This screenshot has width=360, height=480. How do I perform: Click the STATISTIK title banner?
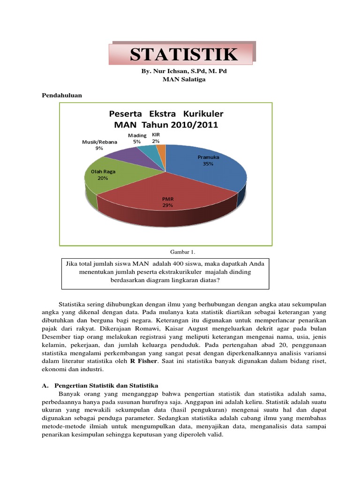pyautogui.click(x=184, y=54)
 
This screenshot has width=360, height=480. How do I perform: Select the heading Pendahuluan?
pyautogui.click(x=62, y=95)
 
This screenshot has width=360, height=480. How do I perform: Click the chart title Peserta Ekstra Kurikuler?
pyautogui.click(x=166, y=114)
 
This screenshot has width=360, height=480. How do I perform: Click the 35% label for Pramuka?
pyautogui.click(x=208, y=164)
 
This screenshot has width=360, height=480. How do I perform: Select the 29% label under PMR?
pyautogui.click(x=167, y=205)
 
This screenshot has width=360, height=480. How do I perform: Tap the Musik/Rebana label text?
pyautogui.click(x=99, y=142)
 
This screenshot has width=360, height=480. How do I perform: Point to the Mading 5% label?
pyautogui.click(x=137, y=138)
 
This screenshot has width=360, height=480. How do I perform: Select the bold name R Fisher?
pyautogui.click(x=144, y=361)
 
